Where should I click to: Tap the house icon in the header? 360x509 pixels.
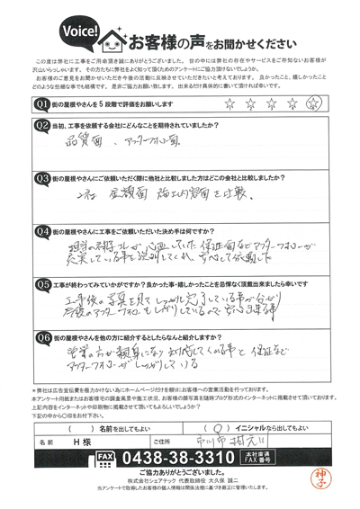click(116, 40)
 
